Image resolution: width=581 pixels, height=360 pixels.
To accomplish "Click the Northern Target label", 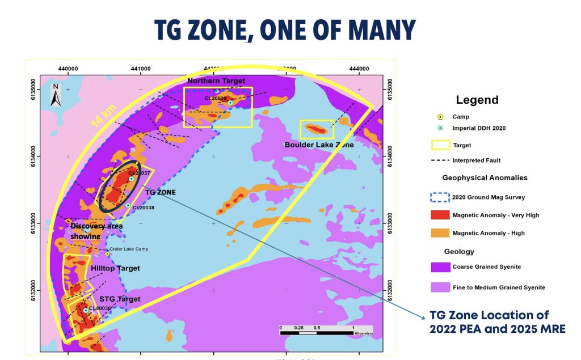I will click(x=216, y=81).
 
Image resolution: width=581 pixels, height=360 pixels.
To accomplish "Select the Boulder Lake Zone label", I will click(x=320, y=145).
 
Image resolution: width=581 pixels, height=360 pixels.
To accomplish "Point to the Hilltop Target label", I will click(x=115, y=268).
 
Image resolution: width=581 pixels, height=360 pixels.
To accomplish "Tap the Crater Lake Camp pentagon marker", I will click(x=107, y=253).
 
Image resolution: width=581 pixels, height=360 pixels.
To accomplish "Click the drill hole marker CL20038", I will click(x=128, y=205).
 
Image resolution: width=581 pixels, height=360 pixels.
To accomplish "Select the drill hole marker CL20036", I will click(x=86, y=310).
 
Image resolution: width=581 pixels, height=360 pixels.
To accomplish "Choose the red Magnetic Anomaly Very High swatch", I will click(x=439, y=215).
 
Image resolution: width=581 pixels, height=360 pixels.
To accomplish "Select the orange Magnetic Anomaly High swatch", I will click(x=439, y=232).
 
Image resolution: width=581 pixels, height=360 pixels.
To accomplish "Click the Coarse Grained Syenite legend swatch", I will click(x=439, y=267).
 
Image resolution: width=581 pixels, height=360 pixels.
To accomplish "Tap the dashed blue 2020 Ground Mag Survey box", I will click(x=439, y=197).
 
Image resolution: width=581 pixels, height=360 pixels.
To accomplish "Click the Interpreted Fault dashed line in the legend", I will click(x=439, y=160).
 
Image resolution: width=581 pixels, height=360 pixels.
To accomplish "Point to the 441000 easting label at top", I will click(x=141, y=69).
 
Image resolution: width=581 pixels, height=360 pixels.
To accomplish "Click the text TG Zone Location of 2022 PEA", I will click(x=489, y=316).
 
